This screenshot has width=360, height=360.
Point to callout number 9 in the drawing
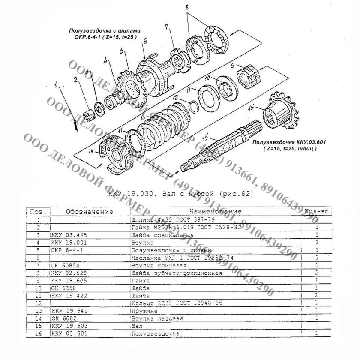coord(232,66)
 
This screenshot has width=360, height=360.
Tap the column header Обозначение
coord(89,211)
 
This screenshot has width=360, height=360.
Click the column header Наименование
coord(214,211)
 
